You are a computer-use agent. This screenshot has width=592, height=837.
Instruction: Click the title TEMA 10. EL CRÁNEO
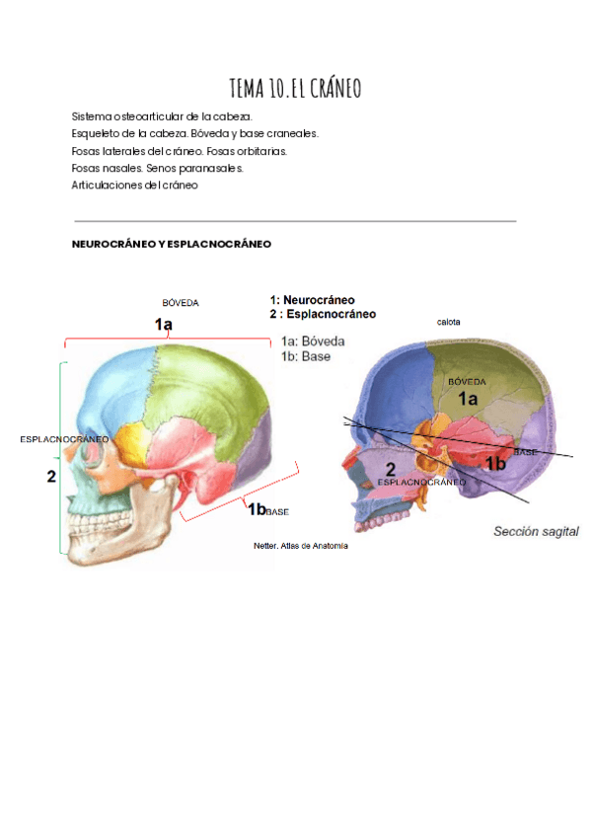click(295, 90)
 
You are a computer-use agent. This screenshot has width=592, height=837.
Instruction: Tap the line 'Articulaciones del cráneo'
click(135, 185)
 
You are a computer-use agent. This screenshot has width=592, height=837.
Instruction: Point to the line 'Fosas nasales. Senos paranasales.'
click(157, 168)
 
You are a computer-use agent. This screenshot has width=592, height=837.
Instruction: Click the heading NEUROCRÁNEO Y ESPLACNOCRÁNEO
click(171, 243)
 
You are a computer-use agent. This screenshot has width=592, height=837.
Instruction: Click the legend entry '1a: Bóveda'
click(312, 342)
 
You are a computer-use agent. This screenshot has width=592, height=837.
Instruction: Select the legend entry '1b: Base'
click(305, 356)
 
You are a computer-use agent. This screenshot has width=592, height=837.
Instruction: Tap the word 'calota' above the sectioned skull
click(449, 322)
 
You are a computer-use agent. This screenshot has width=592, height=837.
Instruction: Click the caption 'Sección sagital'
click(536, 531)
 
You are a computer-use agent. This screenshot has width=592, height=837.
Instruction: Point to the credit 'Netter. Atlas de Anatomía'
click(301, 545)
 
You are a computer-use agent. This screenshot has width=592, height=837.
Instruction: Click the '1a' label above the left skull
click(164, 324)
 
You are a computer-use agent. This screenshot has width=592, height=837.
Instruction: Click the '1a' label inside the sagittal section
click(467, 399)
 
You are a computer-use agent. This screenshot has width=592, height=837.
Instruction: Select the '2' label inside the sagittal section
click(391, 470)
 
